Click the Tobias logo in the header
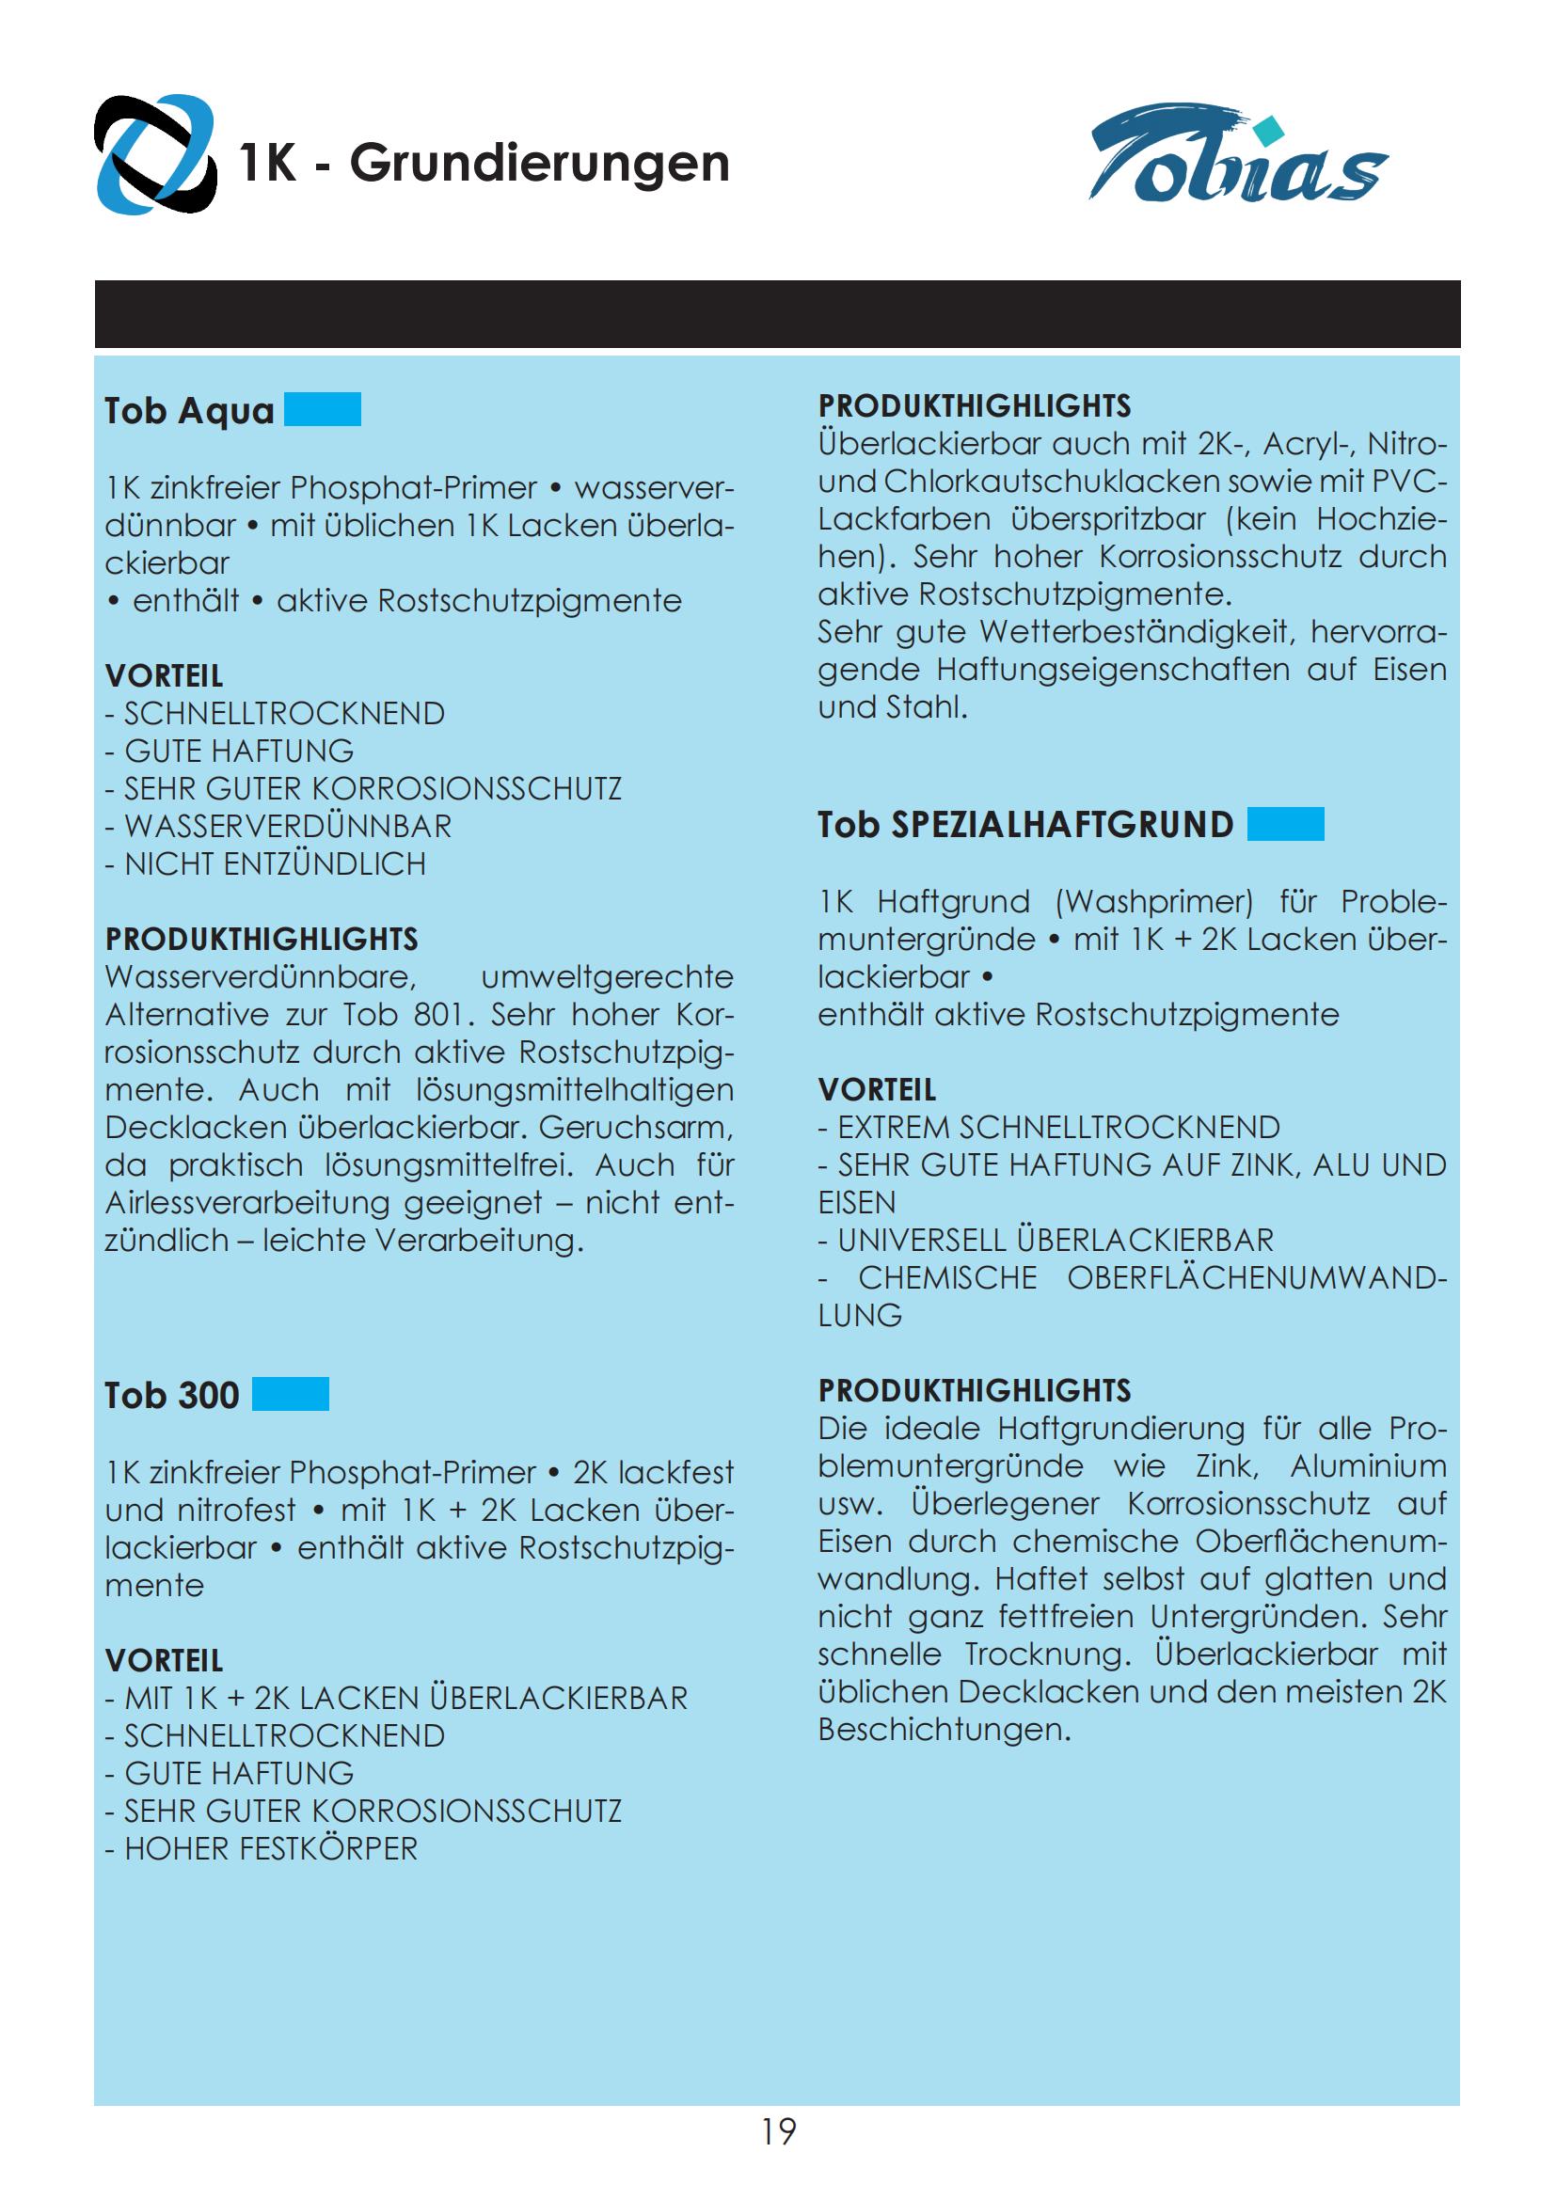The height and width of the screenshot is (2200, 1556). (1238, 155)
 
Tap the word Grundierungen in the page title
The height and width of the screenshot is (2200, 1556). (538, 163)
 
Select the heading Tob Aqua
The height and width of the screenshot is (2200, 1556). (190, 410)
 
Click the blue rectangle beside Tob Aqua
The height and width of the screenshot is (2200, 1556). (323, 409)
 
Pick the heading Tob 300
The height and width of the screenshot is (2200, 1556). (171, 1395)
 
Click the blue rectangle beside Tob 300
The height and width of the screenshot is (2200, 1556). (291, 1394)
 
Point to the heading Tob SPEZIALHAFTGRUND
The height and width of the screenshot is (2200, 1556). (1025, 825)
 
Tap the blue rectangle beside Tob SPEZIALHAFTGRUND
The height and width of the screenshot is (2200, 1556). (1286, 824)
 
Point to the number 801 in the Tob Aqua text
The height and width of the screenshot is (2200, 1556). (436, 1015)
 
